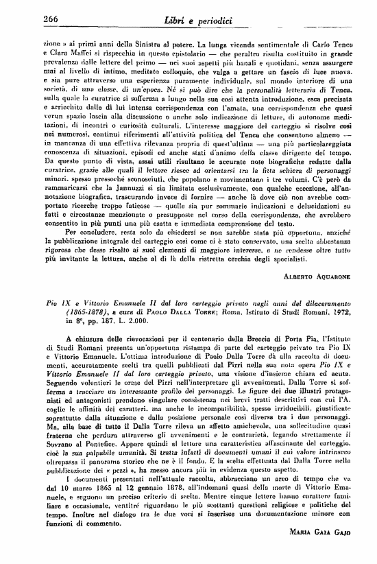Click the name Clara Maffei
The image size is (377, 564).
pos(56,51)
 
